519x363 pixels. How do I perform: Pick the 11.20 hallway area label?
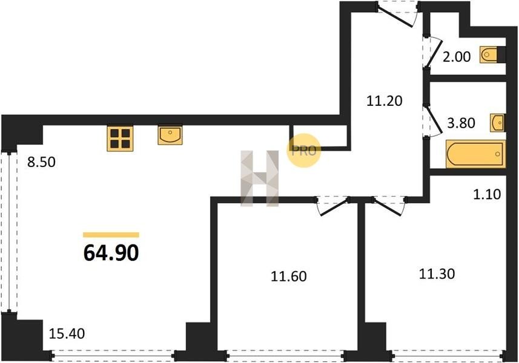(385, 100)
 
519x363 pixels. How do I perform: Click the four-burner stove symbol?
(120, 139)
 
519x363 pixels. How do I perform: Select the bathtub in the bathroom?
(475, 154)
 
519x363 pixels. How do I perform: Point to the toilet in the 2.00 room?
(492, 54)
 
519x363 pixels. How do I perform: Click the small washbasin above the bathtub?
(498, 123)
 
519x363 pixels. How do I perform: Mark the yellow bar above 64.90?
(111, 235)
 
